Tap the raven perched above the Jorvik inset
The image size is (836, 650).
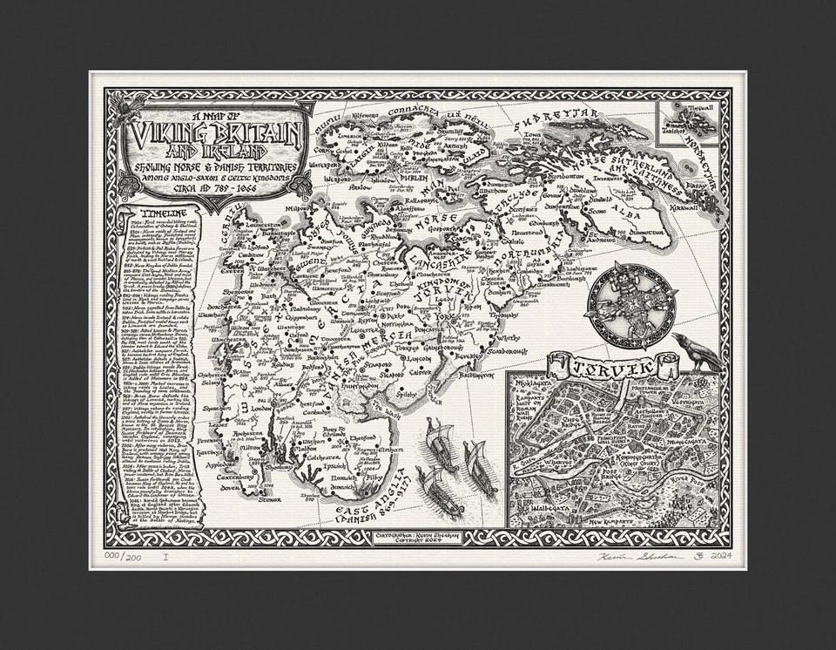click(696, 350)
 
